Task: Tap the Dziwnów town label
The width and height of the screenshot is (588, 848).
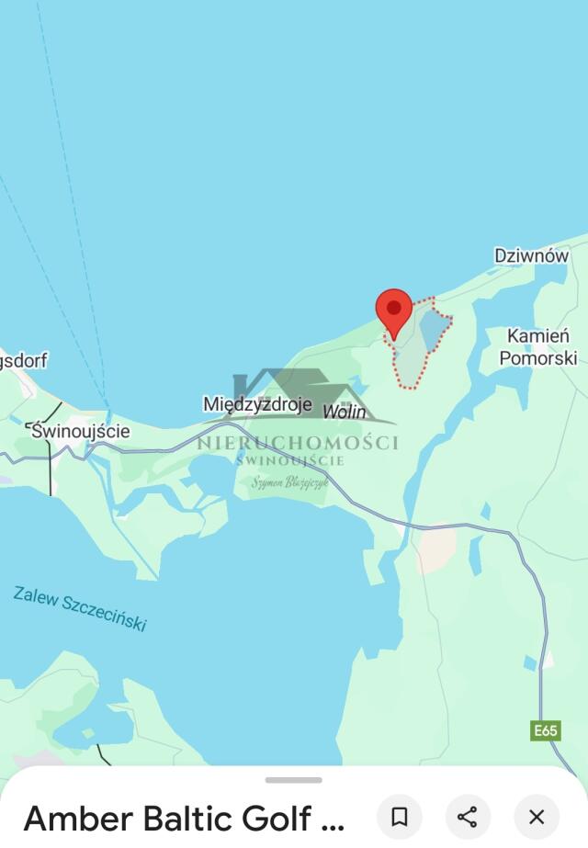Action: coord(531,256)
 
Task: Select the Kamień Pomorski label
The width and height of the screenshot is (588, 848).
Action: coord(537,347)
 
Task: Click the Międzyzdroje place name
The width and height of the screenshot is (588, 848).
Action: coord(257,404)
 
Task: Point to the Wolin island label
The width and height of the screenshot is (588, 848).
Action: coord(345,413)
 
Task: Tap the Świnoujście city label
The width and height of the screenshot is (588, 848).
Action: coord(80,431)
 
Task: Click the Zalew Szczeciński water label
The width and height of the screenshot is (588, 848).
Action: coord(80,608)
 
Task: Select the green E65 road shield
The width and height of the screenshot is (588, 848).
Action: coord(546,730)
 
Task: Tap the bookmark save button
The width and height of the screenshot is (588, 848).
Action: coord(400,817)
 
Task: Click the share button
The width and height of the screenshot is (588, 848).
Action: coord(468,817)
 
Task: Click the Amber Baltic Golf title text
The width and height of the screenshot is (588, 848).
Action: coord(184,818)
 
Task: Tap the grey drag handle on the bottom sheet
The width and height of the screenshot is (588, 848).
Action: coord(294,780)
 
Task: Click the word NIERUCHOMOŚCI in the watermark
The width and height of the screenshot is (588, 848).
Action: coord(298,443)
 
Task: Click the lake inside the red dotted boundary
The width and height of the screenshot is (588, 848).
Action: coord(433,329)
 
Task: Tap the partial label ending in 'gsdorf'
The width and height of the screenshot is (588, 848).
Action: coord(23,360)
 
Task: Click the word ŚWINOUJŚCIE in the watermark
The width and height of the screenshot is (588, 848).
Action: coord(289,460)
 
